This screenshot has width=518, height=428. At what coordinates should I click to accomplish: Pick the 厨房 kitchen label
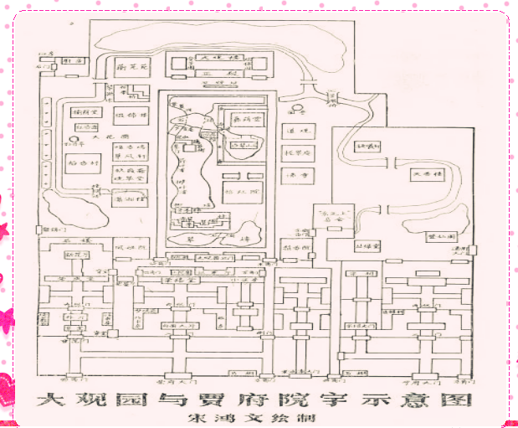(74, 62)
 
